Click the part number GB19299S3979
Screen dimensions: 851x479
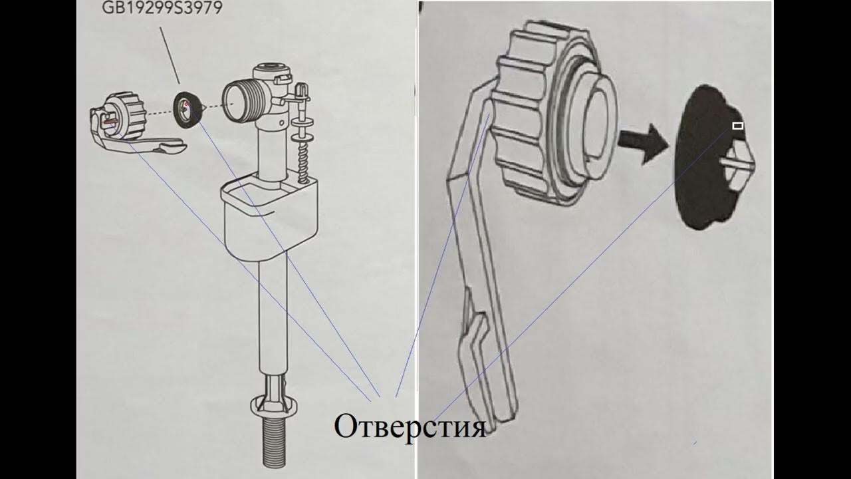162,7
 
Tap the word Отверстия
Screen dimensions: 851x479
410,427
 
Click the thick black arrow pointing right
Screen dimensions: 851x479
643,144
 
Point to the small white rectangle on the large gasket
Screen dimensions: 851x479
738,126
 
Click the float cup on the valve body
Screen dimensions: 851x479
271,217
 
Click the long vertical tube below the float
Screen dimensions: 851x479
273,315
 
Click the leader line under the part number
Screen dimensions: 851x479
170,55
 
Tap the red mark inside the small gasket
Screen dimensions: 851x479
185,103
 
